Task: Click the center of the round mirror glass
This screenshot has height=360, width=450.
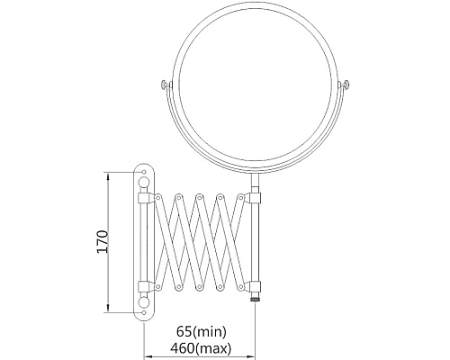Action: [255, 87]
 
